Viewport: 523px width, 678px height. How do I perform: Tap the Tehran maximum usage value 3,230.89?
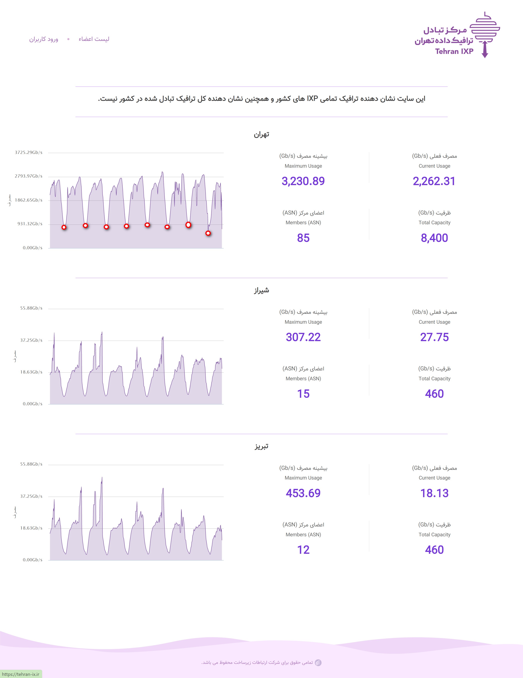303,181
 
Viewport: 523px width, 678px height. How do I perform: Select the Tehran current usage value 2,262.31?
434,181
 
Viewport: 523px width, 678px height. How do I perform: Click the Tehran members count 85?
303,238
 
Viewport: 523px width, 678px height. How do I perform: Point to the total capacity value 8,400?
434,238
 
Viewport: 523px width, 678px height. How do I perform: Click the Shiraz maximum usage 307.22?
303,337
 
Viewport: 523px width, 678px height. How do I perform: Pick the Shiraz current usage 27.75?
434,337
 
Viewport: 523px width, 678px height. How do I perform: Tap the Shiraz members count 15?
303,394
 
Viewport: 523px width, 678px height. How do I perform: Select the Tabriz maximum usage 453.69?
303,493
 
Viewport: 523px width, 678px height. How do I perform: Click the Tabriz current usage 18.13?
434,493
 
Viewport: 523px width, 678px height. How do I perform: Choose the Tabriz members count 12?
303,550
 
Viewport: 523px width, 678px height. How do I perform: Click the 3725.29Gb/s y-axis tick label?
28,152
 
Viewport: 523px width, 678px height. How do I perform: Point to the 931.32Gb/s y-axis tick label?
30,224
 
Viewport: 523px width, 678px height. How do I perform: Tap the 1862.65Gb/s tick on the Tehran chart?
28,200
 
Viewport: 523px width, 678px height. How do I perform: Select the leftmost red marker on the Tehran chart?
64,227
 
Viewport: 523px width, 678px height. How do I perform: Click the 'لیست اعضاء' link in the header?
94,39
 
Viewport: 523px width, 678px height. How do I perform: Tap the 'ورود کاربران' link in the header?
44,39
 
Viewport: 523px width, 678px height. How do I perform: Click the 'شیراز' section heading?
261,291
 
